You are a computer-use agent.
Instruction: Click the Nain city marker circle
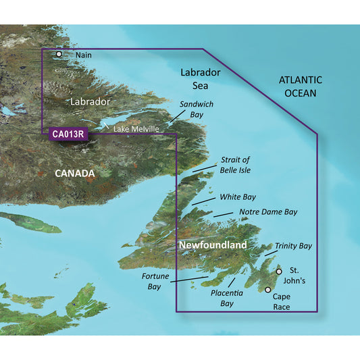(59, 54)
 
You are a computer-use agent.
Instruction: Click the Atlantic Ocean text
(301, 86)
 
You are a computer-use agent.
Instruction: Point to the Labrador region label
(91, 101)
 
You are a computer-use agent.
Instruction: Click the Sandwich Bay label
(196, 110)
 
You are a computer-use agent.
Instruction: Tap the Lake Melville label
(136, 129)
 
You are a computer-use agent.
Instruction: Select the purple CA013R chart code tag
(68, 134)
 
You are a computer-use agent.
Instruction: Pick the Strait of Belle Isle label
(234, 164)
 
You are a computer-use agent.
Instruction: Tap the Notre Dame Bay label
(268, 212)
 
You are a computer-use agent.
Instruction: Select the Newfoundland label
(213, 244)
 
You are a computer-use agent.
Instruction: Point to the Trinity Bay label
(294, 247)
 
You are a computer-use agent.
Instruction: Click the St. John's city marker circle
(279, 272)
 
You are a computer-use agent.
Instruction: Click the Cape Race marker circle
(267, 290)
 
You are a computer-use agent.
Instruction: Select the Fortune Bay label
(154, 282)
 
